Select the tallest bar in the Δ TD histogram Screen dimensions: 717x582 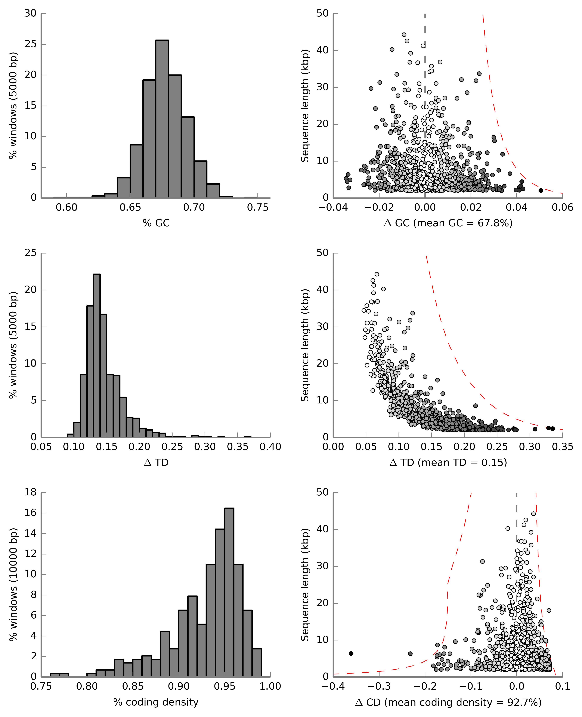[97, 356]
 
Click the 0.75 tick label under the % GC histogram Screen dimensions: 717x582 [257, 208]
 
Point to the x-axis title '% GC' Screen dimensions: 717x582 [156, 223]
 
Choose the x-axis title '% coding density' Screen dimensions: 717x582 [156, 702]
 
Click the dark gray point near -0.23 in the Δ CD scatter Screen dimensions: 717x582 [410, 654]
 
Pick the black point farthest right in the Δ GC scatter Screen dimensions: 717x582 [540, 190]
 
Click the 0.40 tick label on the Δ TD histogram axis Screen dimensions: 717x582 [270, 447]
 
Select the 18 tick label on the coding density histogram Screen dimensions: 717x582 [31, 492]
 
